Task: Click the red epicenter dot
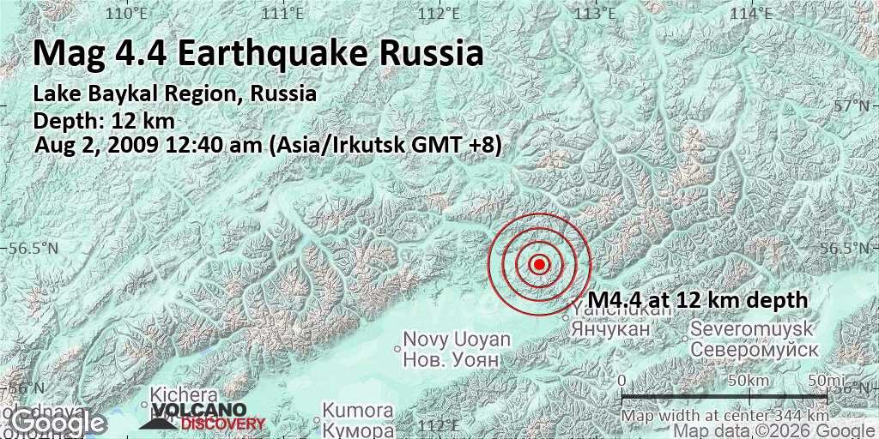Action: pyautogui.click(x=539, y=264)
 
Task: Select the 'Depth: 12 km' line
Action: pyautogui.click(x=104, y=121)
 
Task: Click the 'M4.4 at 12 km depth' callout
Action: pyautogui.click(x=698, y=300)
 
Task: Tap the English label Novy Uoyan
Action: pyautogui.click(x=457, y=340)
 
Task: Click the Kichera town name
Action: pyautogui.click(x=184, y=395)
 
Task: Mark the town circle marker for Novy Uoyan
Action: pyautogui.click(x=397, y=348)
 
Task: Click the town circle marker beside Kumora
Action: pyautogui.click(x=318, y=419)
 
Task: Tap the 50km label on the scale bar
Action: pyautogui.click(x=746, y=380)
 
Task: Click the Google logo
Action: pyautogui.click(x=58, y=423)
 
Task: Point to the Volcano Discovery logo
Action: pyautogui.click(x=203, y=416)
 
